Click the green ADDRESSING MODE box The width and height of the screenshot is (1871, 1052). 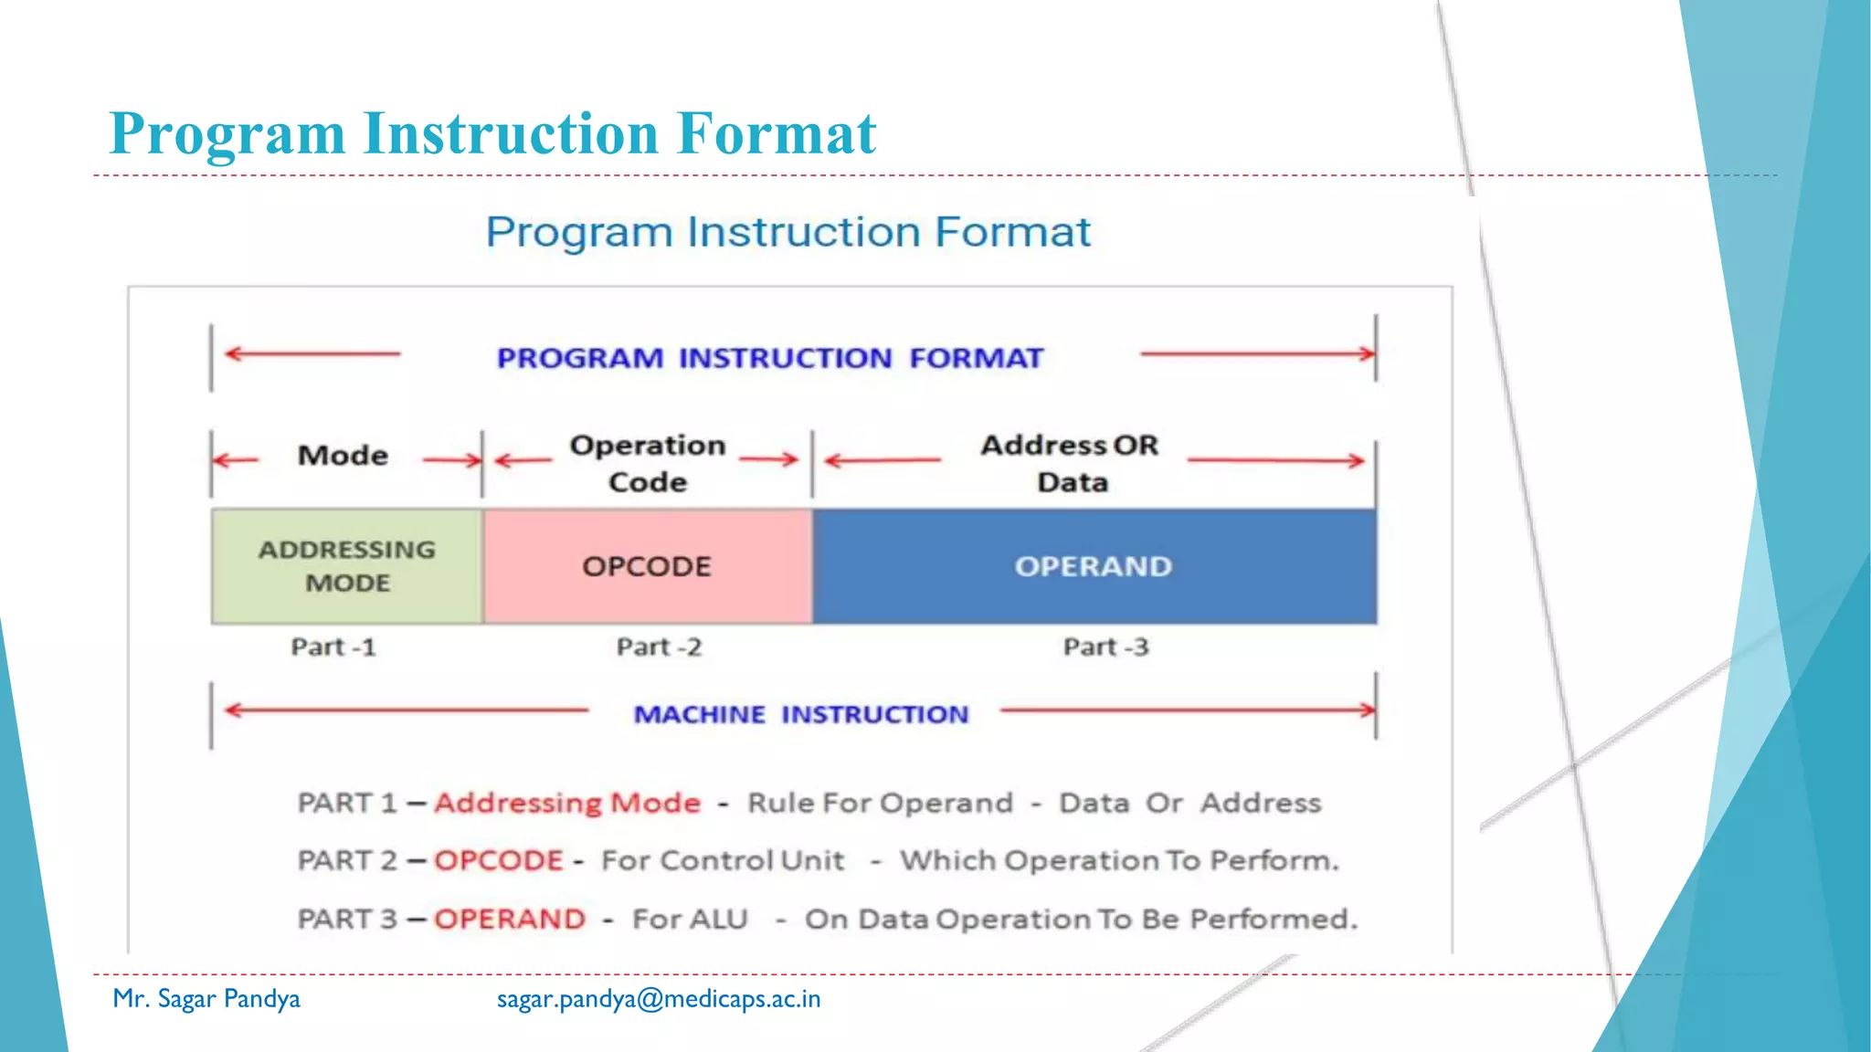pos(347,566)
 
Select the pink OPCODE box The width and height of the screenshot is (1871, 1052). pos(647,566)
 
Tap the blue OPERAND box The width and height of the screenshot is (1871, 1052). pos(1094,566)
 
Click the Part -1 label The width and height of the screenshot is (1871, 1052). pos(333,647)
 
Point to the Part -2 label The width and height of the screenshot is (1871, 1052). pos(659,647)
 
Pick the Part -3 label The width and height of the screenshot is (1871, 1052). pos(1105,647)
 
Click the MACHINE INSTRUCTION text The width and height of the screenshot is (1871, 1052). pos(801,714)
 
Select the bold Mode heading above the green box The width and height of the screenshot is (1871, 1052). pos(343,455)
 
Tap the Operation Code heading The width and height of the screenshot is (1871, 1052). pos(648,463)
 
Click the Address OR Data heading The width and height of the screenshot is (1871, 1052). pos(1070,463)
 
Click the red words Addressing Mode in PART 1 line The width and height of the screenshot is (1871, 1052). pos(567,803)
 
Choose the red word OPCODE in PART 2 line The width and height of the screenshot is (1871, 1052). pos(499,860)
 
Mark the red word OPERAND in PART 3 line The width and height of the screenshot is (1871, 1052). pos(510,919)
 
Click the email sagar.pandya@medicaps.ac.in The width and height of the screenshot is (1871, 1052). pos(659,999)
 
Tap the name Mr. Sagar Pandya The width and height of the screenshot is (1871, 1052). pos(206,999)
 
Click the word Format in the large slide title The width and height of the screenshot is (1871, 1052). pos(777,133)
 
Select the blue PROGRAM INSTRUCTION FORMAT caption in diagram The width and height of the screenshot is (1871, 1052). pos(769,358)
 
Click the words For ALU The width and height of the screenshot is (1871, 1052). pos(690,919)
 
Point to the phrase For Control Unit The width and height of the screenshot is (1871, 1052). pos(723,860)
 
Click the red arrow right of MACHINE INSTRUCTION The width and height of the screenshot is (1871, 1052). pos(1187,710)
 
